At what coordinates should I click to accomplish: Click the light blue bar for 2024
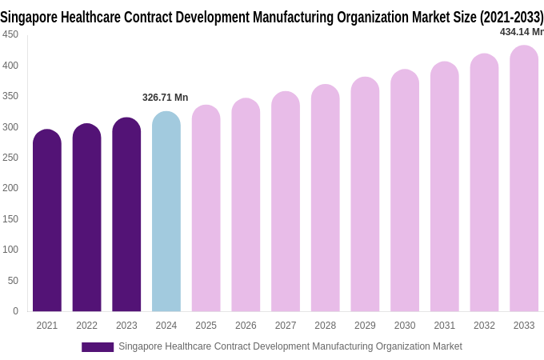pyautogui.click(x=166, y=212)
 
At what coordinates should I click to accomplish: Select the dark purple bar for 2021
pyautogui.click(x=47, y=221)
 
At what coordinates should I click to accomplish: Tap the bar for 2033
pyautogui.click(x=524, y=178)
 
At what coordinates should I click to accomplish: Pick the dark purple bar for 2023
pyautogui.click(x=126, y=214)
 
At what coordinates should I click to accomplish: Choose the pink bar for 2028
pyautogui.click(x=326, y=198)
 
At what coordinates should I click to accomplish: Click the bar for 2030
pyautogui.click(x=405, y=190)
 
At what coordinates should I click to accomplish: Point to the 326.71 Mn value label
pyautogui.click(x=166, y=98)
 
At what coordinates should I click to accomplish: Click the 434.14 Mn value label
pyautogui.click(x=521, y=32)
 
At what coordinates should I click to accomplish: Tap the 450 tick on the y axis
pyautogui.click(x=10, y=34)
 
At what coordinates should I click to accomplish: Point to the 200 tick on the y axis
pyautogui.click(x=10, y=188)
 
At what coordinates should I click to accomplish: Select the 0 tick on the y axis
pyautogui.click(x=15, y=311)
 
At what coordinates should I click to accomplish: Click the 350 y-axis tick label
pyautogui.click(x=10, y=96)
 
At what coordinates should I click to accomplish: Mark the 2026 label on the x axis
pyautogui.click(x=246, y=326)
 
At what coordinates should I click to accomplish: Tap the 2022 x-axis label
pyautogui.click(x=86, y=326)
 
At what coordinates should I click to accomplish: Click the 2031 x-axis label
pyautogui.click(x=445, y=326)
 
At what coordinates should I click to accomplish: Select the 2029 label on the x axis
pyautogui.click(x=365, y=326)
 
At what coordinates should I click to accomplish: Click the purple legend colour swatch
pyautogui.click(x=98, y=347)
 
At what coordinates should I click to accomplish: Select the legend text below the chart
pyautogui.click(x=290, y=346)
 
